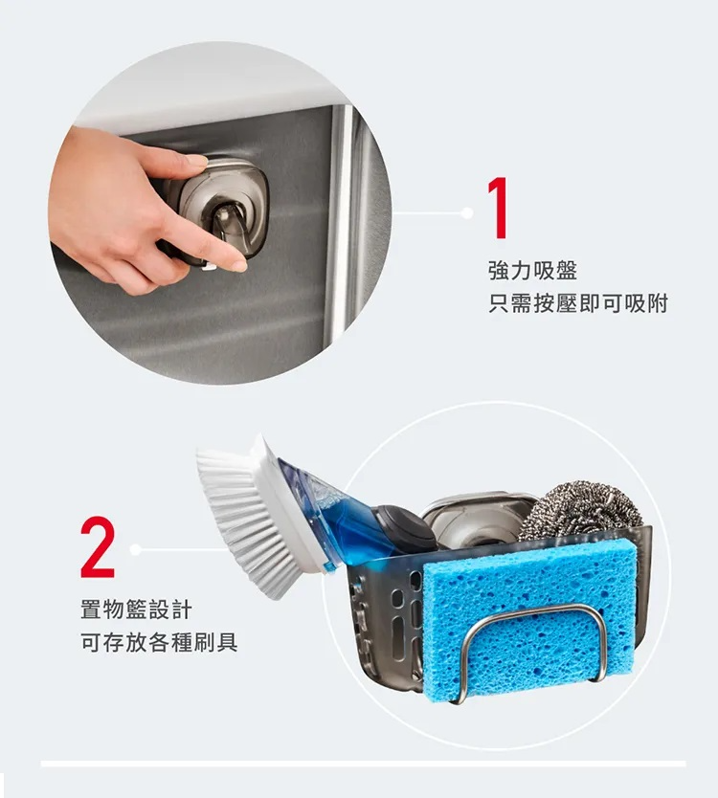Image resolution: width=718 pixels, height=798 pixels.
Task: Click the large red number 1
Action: point(499,208)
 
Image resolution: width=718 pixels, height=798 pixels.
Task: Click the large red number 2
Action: point(98,546)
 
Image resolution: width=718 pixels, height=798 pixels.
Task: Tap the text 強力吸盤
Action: point(532,270)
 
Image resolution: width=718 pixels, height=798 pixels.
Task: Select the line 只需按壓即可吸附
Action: point(578,304)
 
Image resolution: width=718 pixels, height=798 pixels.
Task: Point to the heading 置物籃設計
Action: point(137,610)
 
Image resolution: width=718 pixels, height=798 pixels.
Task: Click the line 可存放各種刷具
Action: point(159,642)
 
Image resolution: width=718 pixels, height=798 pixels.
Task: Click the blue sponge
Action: point(529,617)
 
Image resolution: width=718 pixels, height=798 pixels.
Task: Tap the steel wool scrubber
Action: point(583,511)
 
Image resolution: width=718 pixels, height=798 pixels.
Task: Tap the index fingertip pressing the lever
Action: point(237,265)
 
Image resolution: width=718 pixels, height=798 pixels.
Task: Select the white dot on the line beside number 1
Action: point(466,212)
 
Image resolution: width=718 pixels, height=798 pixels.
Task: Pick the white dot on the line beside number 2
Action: point(135,549)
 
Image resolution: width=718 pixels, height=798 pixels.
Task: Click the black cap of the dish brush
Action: point(405,529)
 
